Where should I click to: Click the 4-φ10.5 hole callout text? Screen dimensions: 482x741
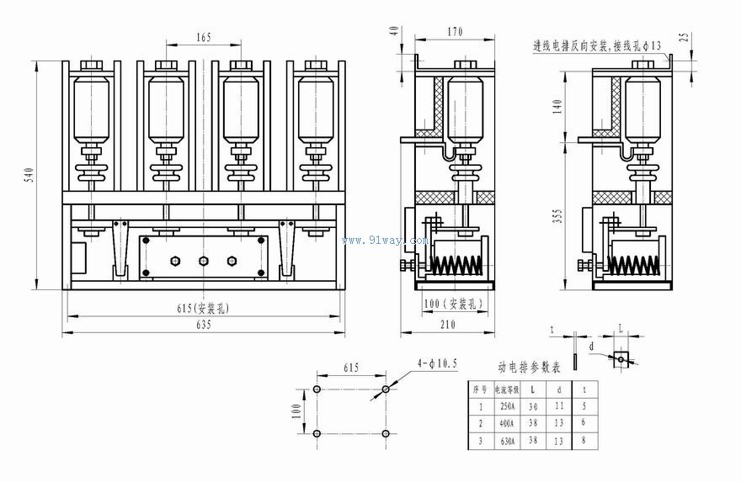(x=437, y=363)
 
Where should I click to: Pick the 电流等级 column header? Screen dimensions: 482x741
(x=506, y=389)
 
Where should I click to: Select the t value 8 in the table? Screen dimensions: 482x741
(x=584, y=439)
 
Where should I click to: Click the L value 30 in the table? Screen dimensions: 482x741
(x=533, y=405)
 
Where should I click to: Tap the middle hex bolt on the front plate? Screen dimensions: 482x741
(x=202, y=260)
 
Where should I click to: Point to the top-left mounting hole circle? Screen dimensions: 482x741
(x=317, y=390)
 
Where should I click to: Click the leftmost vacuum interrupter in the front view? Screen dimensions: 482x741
(x=90, y=109)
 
